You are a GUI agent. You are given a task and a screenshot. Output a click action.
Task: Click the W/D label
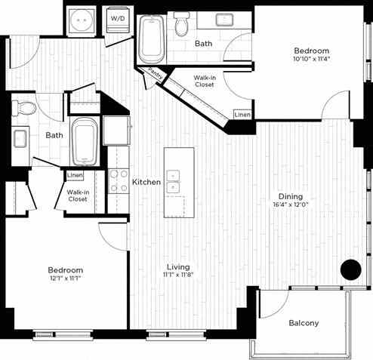click(x=118, y=17)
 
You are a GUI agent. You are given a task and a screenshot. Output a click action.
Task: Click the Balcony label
click(x=304, y=324)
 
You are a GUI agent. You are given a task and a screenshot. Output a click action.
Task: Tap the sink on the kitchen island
click(x=174, y=182)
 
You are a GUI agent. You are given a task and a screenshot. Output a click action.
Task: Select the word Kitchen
click(x=145, y=183)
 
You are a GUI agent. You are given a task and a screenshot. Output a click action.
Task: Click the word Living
click(x=178, y=267)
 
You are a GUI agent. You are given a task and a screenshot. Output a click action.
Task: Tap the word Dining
click(x=288, y=202)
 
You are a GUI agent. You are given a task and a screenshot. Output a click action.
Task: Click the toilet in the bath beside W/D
click(x=182, y=26)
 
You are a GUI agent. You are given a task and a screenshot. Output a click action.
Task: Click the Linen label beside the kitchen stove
click(x=75, y=176)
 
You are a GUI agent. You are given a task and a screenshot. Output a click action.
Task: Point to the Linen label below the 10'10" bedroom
click(x=242, y=115)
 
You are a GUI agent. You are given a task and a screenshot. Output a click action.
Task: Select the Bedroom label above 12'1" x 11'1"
click(x=66, y=270)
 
